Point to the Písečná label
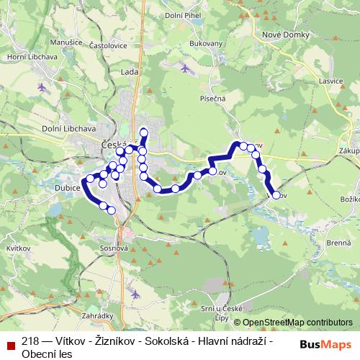[214, 99]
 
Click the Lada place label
[130, 73]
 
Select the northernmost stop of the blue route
[144, 131]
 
